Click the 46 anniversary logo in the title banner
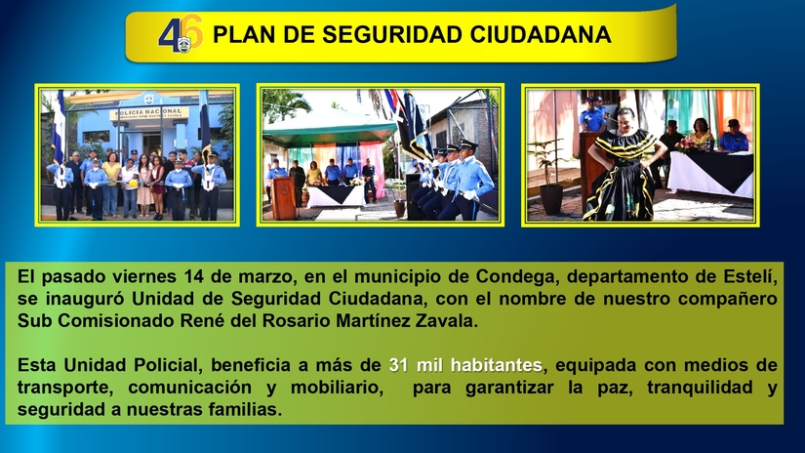[181, 34]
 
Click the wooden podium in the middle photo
[284, 195]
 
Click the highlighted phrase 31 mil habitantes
[464, 365]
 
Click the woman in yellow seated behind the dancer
[701, 134]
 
